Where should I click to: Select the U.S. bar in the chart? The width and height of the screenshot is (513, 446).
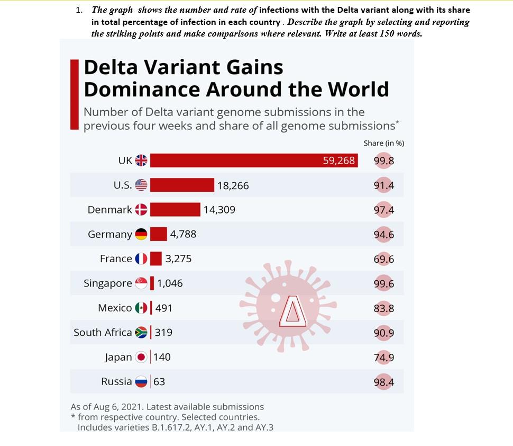[x=182, y=185]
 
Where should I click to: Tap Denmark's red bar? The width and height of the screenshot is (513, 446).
[x=175, y=210]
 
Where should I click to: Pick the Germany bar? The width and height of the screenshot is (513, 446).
[x=158, y=234]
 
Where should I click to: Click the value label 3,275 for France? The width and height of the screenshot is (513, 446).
[x=178, y=259]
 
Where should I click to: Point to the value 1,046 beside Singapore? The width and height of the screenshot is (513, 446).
[x=170, y=283]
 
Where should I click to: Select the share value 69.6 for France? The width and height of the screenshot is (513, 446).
[x=384, y=260]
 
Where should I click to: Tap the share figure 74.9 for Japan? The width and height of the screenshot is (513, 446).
[x=384, y=358]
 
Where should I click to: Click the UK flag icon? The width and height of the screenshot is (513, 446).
[x=141, y=160]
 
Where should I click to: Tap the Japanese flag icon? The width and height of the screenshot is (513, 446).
[x=141, y=358]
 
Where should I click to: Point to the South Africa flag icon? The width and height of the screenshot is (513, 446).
[x=141, y=333]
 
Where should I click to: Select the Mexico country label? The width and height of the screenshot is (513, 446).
[x=115, y=308]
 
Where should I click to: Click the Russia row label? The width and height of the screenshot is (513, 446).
[x=116, y=382]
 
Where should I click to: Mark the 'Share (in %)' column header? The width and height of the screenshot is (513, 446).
[x=384, y=144]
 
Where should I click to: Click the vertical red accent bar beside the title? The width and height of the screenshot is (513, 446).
[x=75, y=94]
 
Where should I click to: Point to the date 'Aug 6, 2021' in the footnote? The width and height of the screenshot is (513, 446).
[x=113, y=407]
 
